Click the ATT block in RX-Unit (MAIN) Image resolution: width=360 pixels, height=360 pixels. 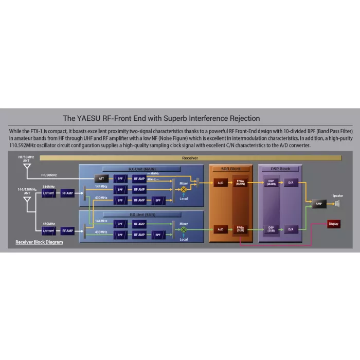101,178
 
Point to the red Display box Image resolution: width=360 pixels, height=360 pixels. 333,224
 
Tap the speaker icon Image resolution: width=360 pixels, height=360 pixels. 337,204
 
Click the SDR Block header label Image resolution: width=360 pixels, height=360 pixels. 231,169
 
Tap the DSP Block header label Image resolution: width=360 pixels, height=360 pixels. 281,169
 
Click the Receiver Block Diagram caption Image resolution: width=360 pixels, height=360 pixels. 39,242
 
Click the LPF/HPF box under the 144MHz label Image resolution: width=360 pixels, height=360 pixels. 49,193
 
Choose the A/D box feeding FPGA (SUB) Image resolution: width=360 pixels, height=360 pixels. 221,229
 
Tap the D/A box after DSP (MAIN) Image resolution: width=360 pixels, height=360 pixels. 291,183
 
